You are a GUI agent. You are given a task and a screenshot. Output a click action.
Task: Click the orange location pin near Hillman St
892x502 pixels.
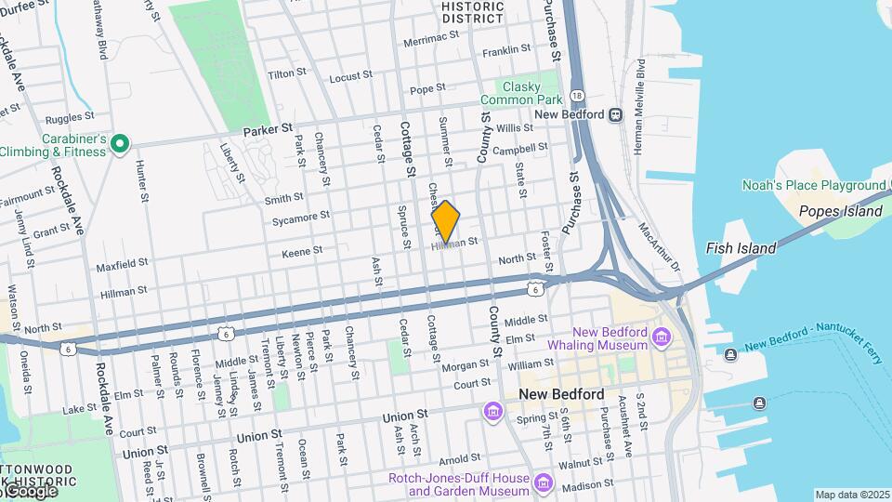446,221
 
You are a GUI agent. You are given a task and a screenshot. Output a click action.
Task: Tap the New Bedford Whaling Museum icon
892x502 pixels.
661,336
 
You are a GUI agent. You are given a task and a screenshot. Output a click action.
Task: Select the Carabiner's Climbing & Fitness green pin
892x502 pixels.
119,143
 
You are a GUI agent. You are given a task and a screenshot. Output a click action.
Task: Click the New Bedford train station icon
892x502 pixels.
615,114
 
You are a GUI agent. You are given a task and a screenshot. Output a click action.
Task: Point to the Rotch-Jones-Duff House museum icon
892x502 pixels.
544,483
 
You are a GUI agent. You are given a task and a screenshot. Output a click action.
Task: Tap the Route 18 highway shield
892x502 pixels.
578,96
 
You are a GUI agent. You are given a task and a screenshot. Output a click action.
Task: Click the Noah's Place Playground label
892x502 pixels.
815,185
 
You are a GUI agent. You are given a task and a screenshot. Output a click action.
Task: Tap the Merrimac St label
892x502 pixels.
431,43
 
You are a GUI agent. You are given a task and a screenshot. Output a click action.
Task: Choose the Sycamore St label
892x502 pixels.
301,217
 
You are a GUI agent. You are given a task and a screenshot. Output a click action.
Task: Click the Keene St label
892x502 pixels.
302,250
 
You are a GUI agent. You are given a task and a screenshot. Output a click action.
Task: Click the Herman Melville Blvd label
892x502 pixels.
641,105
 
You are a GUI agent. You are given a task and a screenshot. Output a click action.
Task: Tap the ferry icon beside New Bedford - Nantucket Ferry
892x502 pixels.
731,353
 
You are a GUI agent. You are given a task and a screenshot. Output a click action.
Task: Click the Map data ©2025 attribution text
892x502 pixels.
853,495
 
